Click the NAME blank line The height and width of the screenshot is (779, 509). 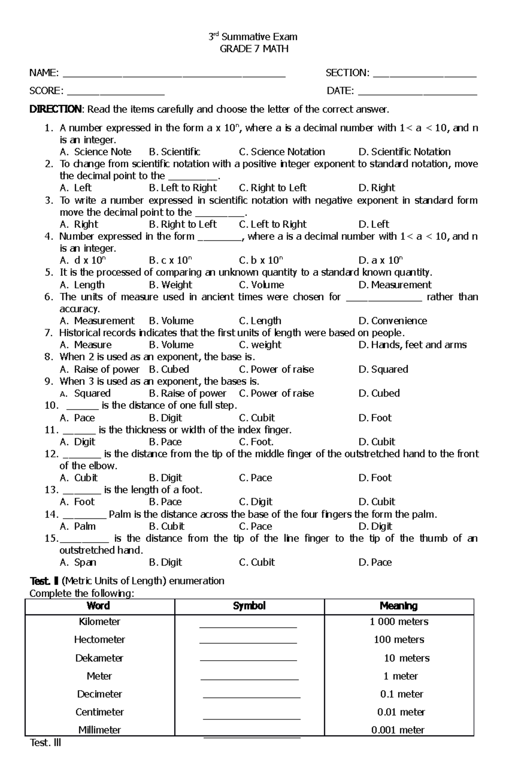(x=174, y=76)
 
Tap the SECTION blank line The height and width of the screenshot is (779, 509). (x=425, y=76)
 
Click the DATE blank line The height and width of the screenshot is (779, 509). (x=417, y=94)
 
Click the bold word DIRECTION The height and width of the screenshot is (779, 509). (x=55, y=110)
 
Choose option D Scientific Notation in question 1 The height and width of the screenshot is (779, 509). (x=405, y=152)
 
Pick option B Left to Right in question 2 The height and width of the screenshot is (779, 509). (x=183, y=188)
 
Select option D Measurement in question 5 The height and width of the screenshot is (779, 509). (x=395, y=285)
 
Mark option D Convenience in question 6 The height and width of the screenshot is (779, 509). (x=393, y=321)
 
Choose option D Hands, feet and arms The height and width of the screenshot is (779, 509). (x=413, y=345)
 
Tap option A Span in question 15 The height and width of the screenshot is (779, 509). (x=78, y=562)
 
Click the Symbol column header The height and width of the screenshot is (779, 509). (x=249, y=606)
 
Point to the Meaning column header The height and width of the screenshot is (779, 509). (x=399, y=606)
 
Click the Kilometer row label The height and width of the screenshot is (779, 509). (x=100, y=622)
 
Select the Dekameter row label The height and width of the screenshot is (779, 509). (x=99, y=658)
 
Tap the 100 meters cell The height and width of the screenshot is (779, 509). (x=399, y=640)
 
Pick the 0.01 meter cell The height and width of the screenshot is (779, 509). (x=401, y=712)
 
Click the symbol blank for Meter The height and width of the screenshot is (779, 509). (x=249, y=679)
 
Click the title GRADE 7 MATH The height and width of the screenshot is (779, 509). (x=254, y=49)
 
